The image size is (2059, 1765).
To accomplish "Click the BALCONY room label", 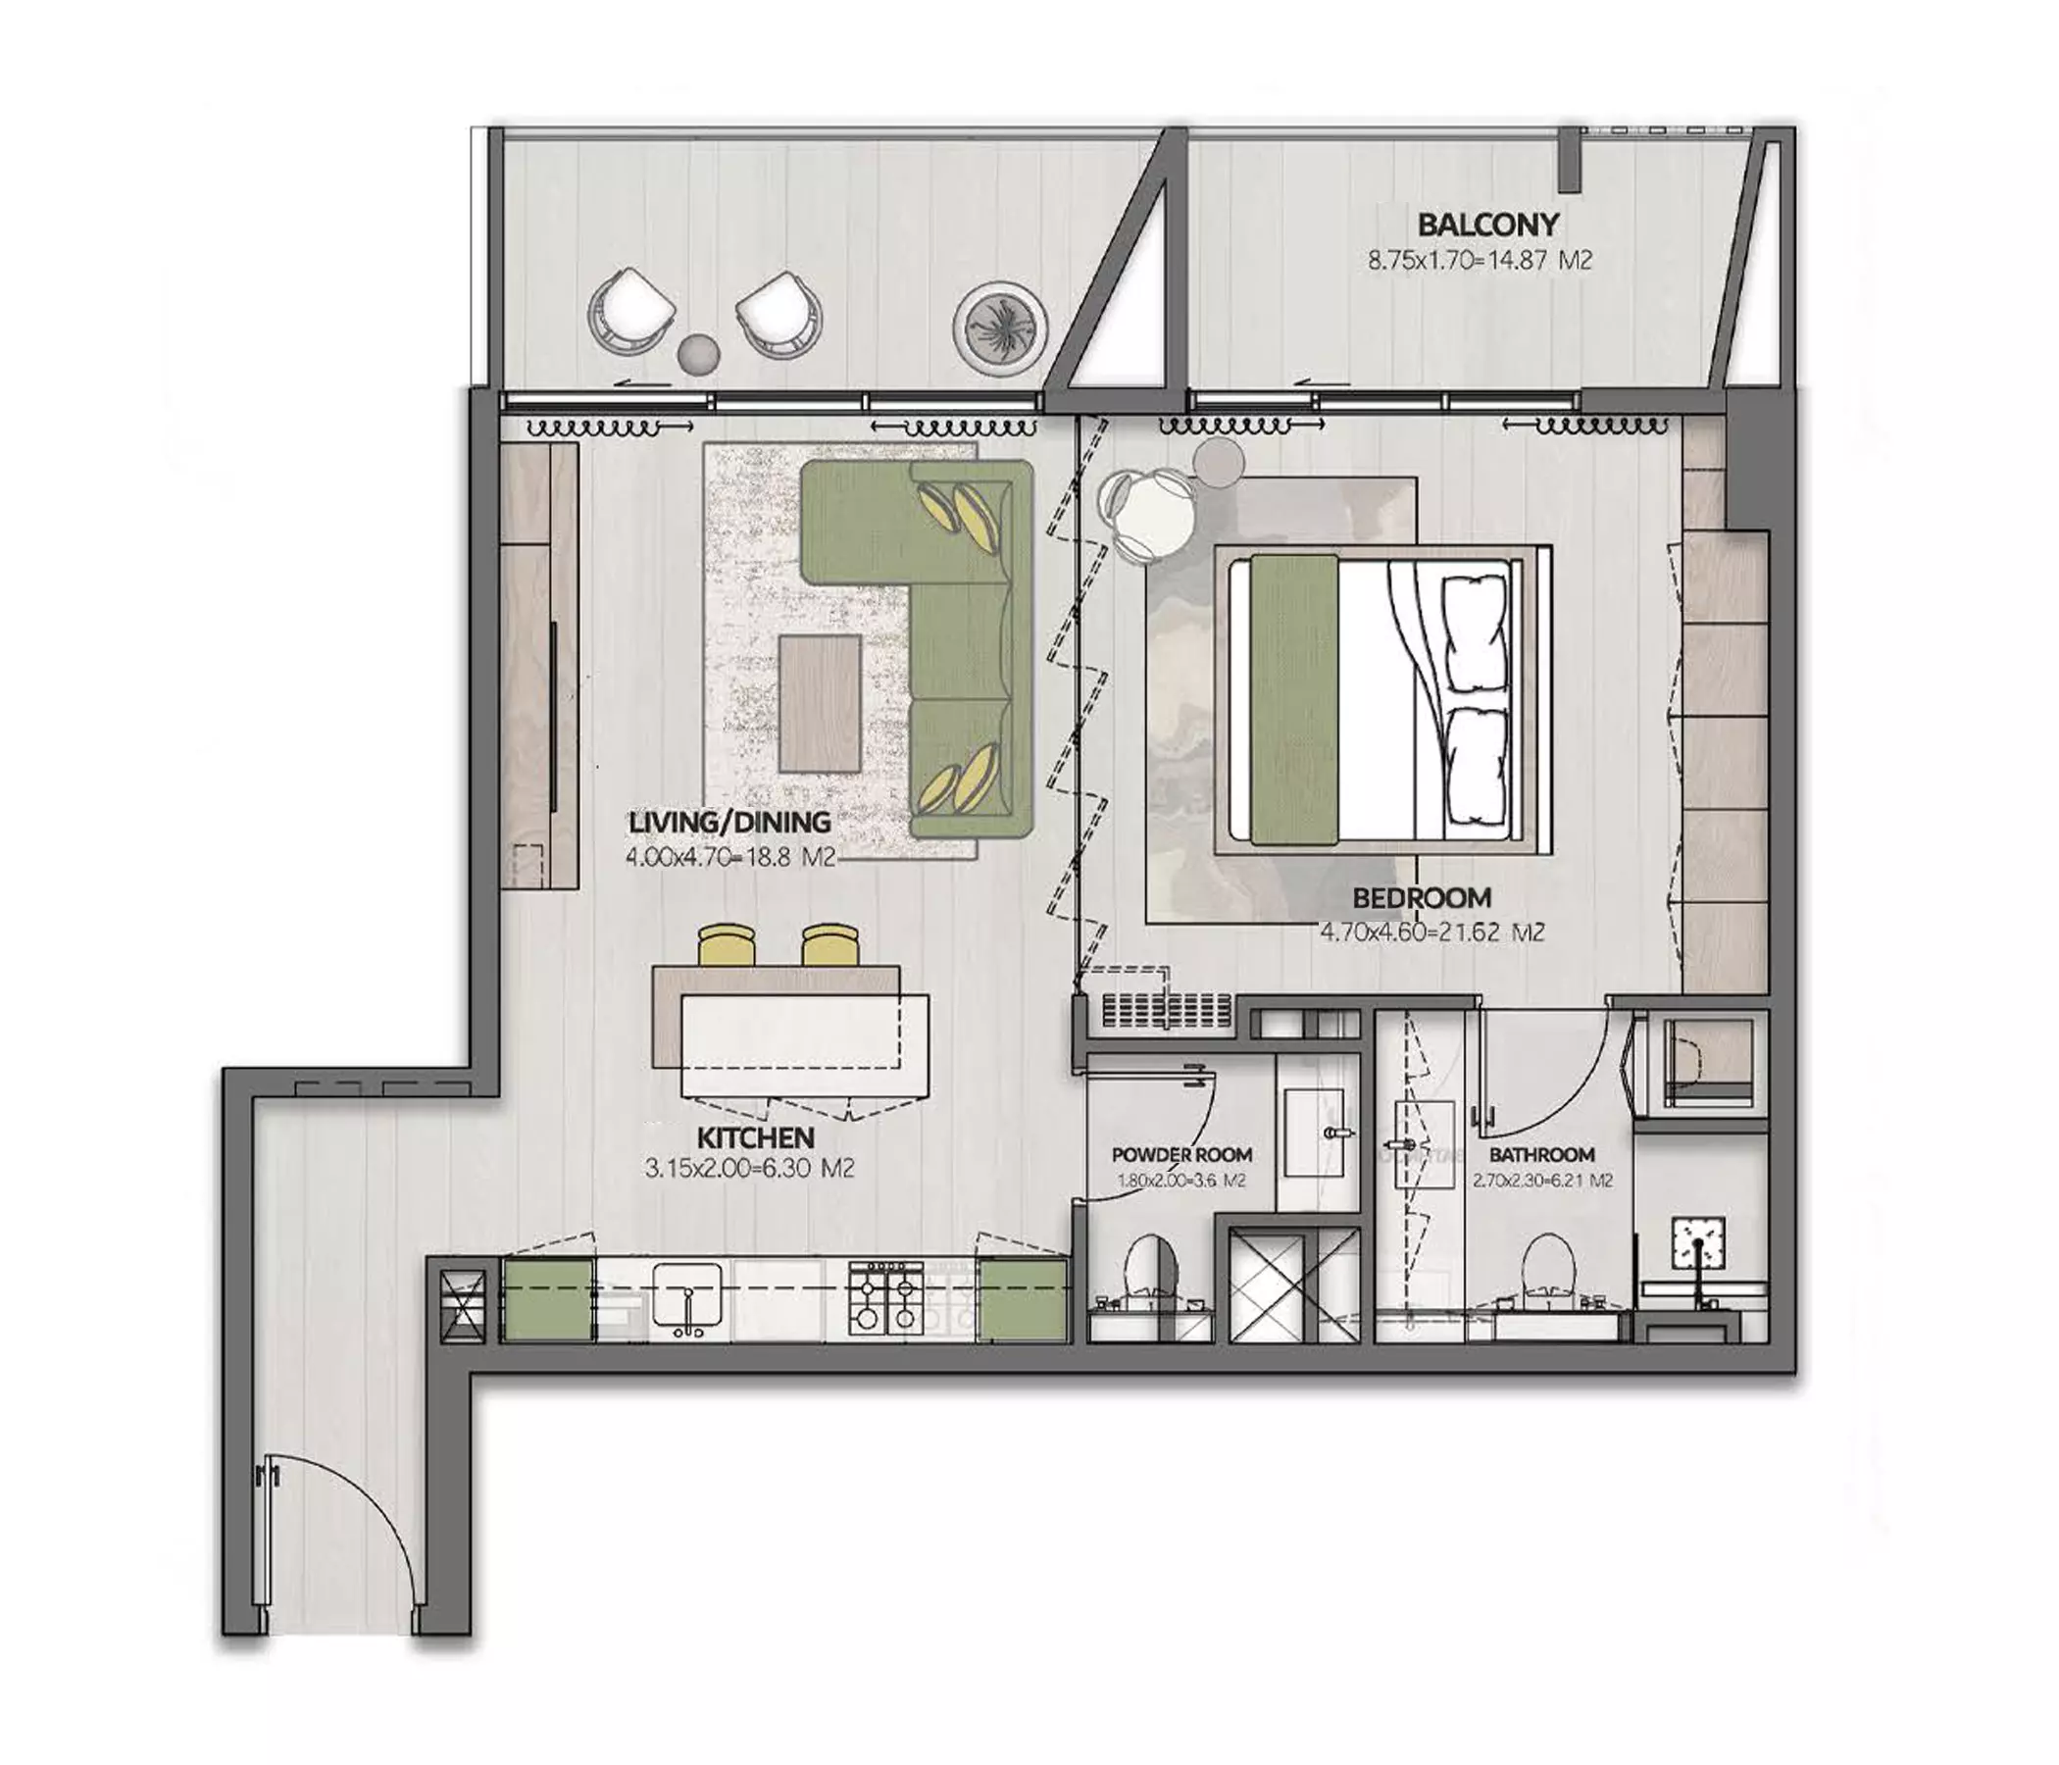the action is click(1487, 225).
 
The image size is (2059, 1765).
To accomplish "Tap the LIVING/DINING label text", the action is click(729, 822).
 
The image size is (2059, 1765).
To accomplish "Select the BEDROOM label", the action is click(1422, 897).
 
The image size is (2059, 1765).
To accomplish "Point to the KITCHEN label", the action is click(755, 1137).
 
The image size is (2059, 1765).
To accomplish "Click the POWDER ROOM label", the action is click(1181, 1155).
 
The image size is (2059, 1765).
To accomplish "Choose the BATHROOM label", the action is click(1541, 1155).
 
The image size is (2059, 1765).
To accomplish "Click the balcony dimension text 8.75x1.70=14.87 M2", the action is click(1480, 261).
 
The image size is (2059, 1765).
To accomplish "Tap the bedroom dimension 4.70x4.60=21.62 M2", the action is click(1431, 933).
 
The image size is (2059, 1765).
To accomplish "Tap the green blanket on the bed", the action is click(1294, 702).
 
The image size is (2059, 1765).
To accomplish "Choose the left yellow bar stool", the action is click(728, 945).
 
